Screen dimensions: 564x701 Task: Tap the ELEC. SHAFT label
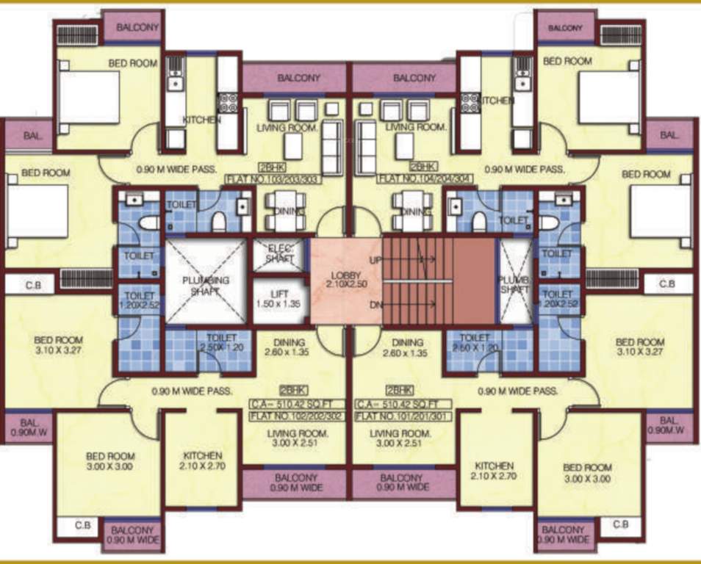click(x=279, y=253)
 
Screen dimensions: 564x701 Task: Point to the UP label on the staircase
click(x=374, y=261)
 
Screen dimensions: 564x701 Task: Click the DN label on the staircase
click(x=374, y=304)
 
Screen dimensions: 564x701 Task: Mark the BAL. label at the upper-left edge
click(x=32, y=136)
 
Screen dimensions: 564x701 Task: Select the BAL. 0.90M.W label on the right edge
click(x=667, y=425)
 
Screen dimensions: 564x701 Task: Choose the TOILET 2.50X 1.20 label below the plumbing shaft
click(x=220, y=342)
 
